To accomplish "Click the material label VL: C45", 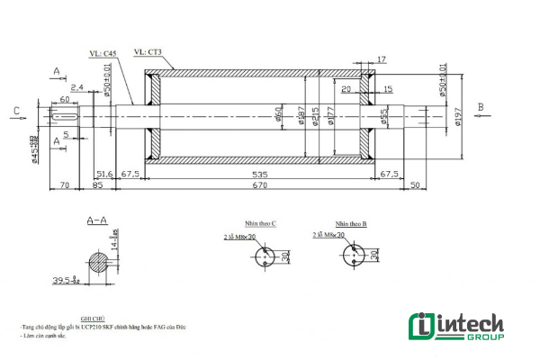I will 103,54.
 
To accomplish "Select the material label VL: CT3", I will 148,52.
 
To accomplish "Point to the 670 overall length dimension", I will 260,185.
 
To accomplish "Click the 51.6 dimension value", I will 103,173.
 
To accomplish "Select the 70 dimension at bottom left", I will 63,186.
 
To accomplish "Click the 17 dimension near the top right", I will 382,59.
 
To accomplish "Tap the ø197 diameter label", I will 459,116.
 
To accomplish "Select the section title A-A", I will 97,220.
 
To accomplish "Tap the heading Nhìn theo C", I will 260,221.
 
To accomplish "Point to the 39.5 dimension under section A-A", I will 64,281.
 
